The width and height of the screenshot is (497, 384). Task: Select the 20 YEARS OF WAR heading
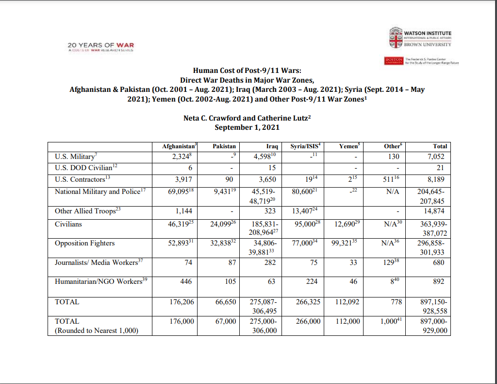pyautogui.click(x=101, y=45)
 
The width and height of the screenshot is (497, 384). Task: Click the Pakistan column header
pyautogui.click(x=224, y=146)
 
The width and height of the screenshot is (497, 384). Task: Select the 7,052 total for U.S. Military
pyautogui.click(x=435, y=157)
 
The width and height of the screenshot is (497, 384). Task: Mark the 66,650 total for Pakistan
pyautogui.click(x=226, y=302)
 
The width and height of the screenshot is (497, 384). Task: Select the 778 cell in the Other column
pyautogui.click(x=396, y=302)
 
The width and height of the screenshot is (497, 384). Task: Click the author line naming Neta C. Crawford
pyautogui.click(x=247, y=118)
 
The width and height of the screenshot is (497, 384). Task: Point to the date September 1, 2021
pyautogui.click(x=247, y=127)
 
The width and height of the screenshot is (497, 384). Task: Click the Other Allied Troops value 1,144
pyautogui.click(x=184, y=211)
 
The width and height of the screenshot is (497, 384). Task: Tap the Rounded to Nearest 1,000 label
pyautogui.click(x=97, y=331)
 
